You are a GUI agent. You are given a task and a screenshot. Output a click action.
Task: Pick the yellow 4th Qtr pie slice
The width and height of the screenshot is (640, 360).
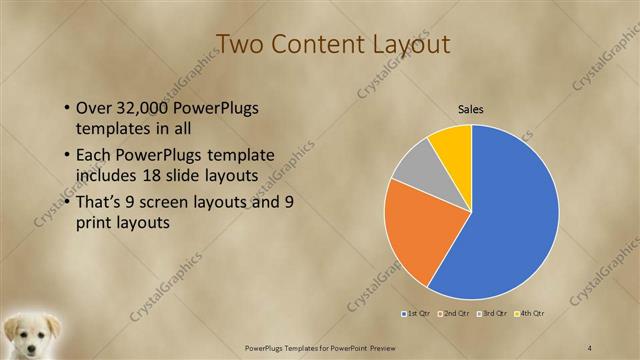pyautogui.click(x=453, y=143)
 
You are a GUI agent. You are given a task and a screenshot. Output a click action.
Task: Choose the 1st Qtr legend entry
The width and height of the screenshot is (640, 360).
pyautogui.click(x=417, y=314)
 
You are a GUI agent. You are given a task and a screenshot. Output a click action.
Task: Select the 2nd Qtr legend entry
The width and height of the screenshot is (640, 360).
pyautogui.click(x=456, y=314)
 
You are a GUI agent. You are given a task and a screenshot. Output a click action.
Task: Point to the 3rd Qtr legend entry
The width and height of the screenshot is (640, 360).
pyautogui.click(x=494, y=314)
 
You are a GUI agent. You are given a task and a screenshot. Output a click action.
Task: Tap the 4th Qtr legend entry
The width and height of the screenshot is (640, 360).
pyautogui.click(x=530, y=314)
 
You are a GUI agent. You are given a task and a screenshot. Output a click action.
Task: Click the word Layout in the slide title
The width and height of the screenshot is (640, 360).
pyautogui.click(x=406, y=44)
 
